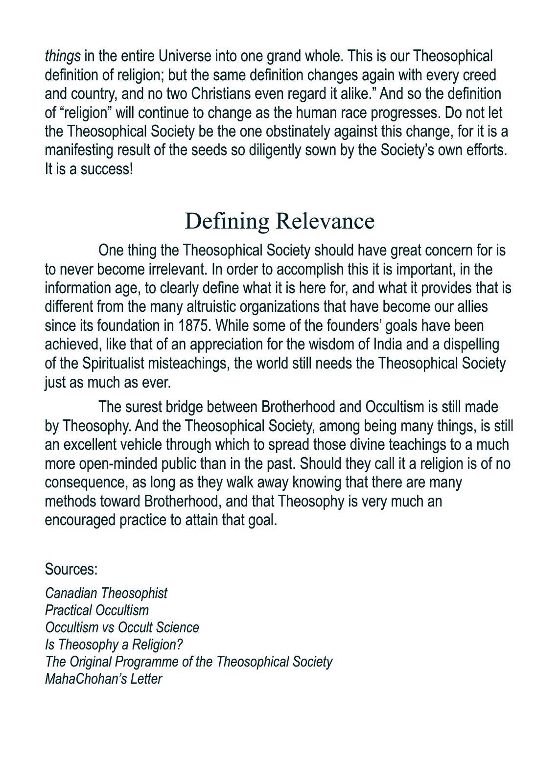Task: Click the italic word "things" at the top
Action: (63, 56)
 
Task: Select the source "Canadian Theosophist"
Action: (106, 593)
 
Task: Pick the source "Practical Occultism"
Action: (97, 610)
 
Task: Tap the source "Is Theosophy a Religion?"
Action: (114, 645)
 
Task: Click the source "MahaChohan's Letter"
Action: (103, 679)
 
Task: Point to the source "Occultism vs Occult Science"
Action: (122, 627)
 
